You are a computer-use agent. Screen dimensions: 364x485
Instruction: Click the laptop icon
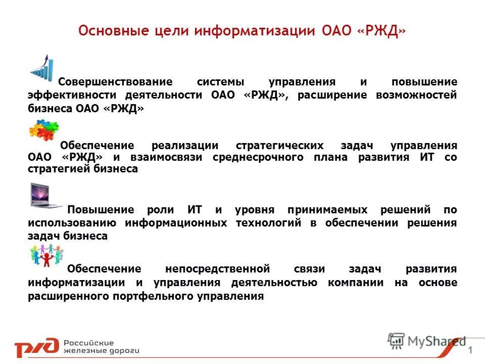[45, 196]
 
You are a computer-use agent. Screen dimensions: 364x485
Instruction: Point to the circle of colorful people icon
[46, 255]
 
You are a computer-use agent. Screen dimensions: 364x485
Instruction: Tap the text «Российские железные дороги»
[101, 346]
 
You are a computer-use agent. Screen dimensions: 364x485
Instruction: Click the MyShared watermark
[427, 341]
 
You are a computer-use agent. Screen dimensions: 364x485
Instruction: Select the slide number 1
[471, 351]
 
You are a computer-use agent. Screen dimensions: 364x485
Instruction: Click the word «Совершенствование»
[116, 82]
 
